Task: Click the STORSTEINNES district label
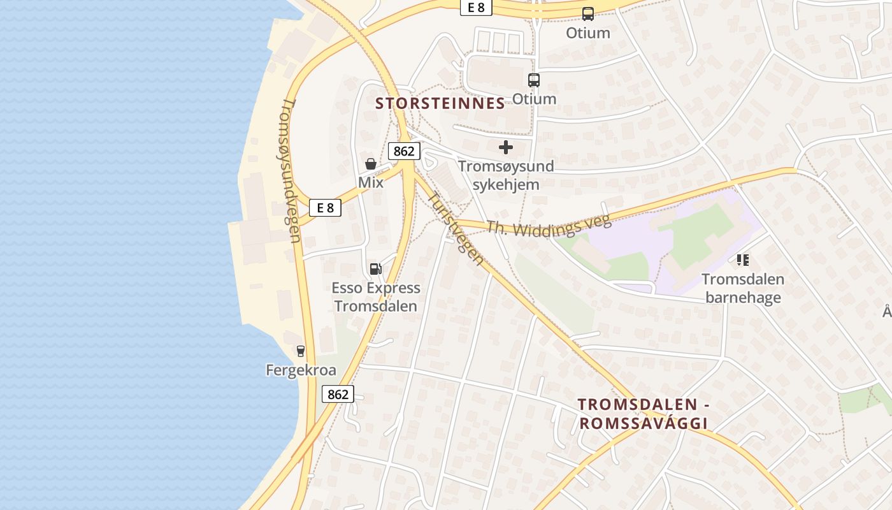[440, 103]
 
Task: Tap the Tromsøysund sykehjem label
[506, 175]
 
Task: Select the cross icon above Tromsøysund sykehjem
[506, 148]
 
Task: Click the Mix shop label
[371, 182]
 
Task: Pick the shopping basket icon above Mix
[371, 164]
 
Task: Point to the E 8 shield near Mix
[325, 207]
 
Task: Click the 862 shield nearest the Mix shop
[404, 151]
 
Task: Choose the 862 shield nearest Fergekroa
[338, 394]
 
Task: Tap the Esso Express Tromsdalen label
[376, 297]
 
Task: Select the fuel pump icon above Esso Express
[376, 269]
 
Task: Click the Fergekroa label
[301, 370]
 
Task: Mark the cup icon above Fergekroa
[301, 351]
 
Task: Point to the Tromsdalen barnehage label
[743, 288]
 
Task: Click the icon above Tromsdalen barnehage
[743, 260]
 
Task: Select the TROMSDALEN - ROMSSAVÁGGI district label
[644, 414]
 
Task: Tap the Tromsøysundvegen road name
[291, 170]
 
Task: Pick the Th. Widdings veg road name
[549, 225]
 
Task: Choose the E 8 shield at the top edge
[476, 8]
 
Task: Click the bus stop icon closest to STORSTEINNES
[534, 80]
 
